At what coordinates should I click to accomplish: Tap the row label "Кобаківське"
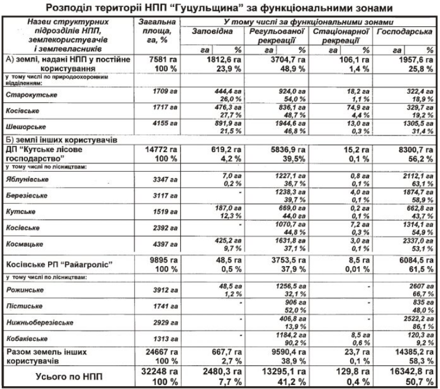coord(26,338)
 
